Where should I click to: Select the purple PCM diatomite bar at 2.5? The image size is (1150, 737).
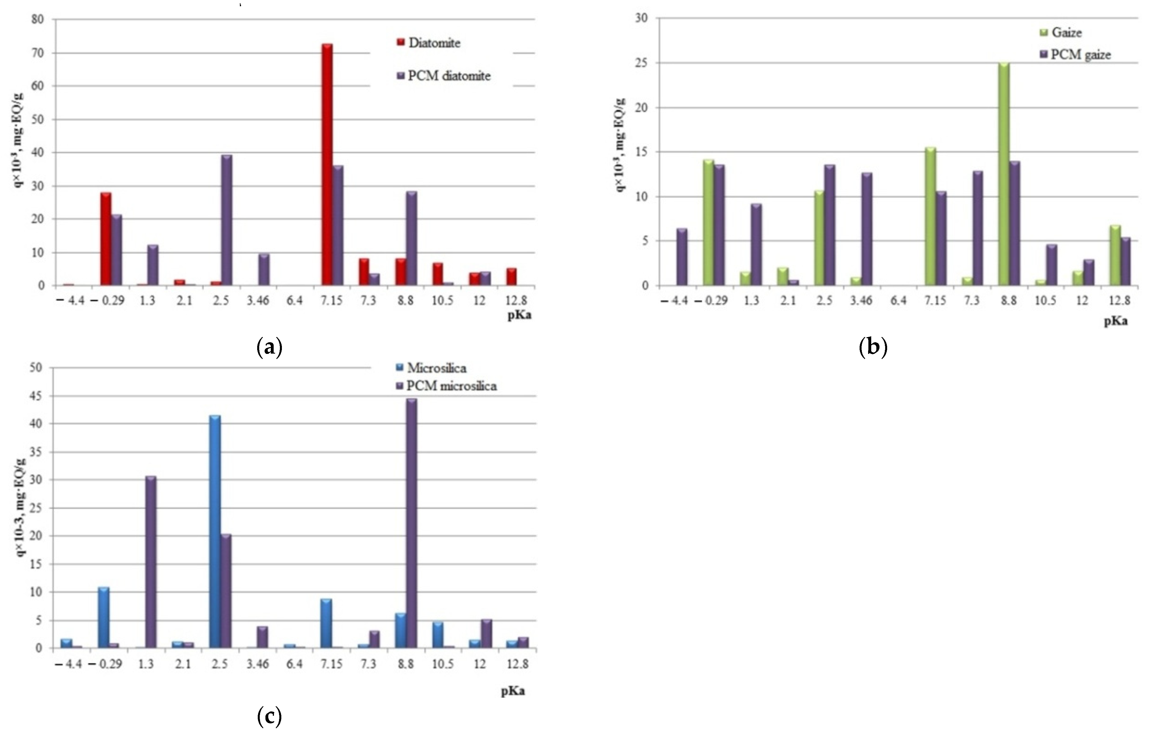click(x=227, y=220)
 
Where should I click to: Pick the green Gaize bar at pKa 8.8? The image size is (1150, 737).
click(x=1004, y=175)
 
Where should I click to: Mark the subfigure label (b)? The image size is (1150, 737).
click(x=873, y=347)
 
